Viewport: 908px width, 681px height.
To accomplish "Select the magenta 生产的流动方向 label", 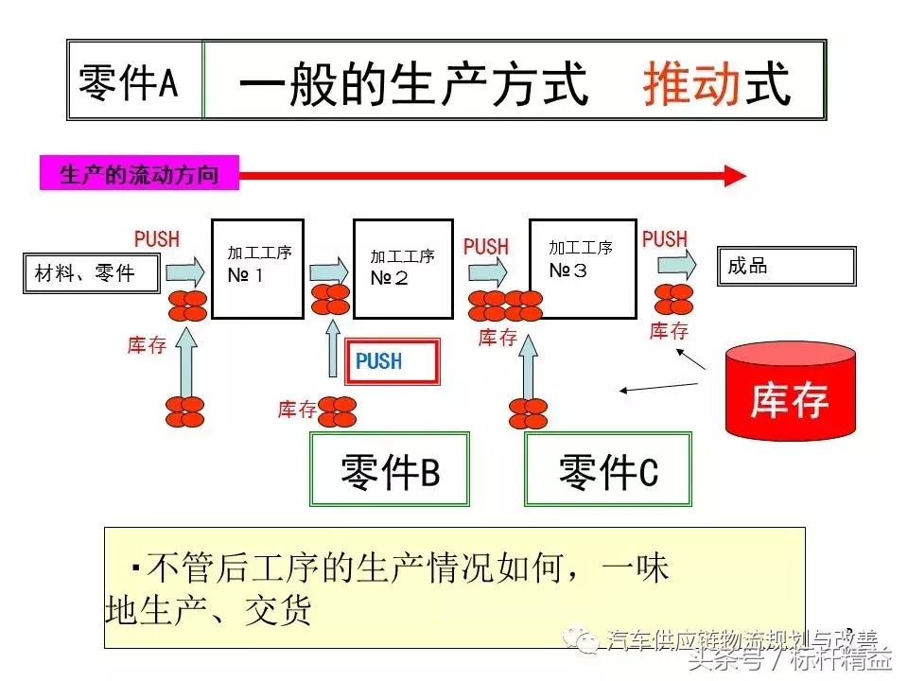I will pyautogui.click(x=138, y=175).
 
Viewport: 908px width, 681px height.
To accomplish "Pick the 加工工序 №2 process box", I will pyautogui.click(x=402, y=269).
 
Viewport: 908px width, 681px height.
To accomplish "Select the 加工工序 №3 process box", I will pyautogui.click(x=581, y=269).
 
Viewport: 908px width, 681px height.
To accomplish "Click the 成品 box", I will pyautogui.click(x=786, y=267).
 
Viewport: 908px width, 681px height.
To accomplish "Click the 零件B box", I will pyautogui.click(x=390, y=469).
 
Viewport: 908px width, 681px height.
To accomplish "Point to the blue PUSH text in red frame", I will pyautogui.click(x=379, y=361).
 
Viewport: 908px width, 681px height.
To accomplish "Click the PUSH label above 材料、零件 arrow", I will pyautogui.click(x=157, y=239).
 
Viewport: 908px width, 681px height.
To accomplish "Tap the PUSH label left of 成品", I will pyautogui.click(x=665, y=239).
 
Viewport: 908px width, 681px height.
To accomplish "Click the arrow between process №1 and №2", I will pyautogui.click(x=328, y=270).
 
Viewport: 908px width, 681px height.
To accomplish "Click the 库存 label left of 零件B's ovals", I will pyautogui.click(x=296, y=410).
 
